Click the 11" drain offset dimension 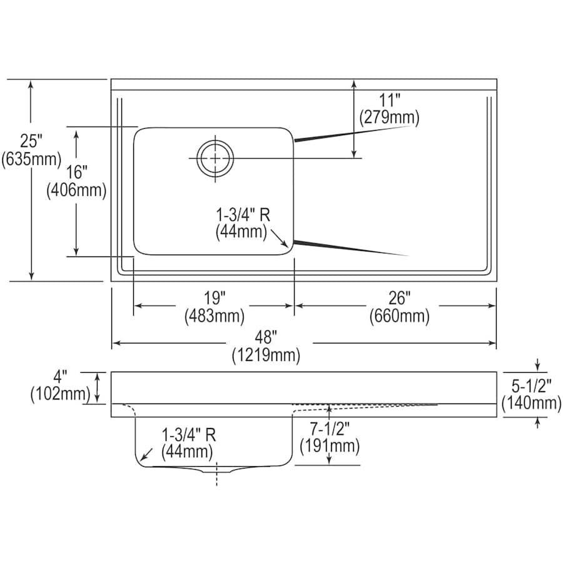tap(389, 100)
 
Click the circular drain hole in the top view tap(215, 158)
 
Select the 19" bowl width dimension tap(214, 298)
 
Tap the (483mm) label tap(214, 317)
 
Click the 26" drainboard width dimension tap(399, 298)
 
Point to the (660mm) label tap(399, 317)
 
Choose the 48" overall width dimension tap(266, 338)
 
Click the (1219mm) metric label tap(266, 356)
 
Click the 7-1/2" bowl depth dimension tap(329, 429)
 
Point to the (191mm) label tap(330, 446)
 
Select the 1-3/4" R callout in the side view tap(189, 434)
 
